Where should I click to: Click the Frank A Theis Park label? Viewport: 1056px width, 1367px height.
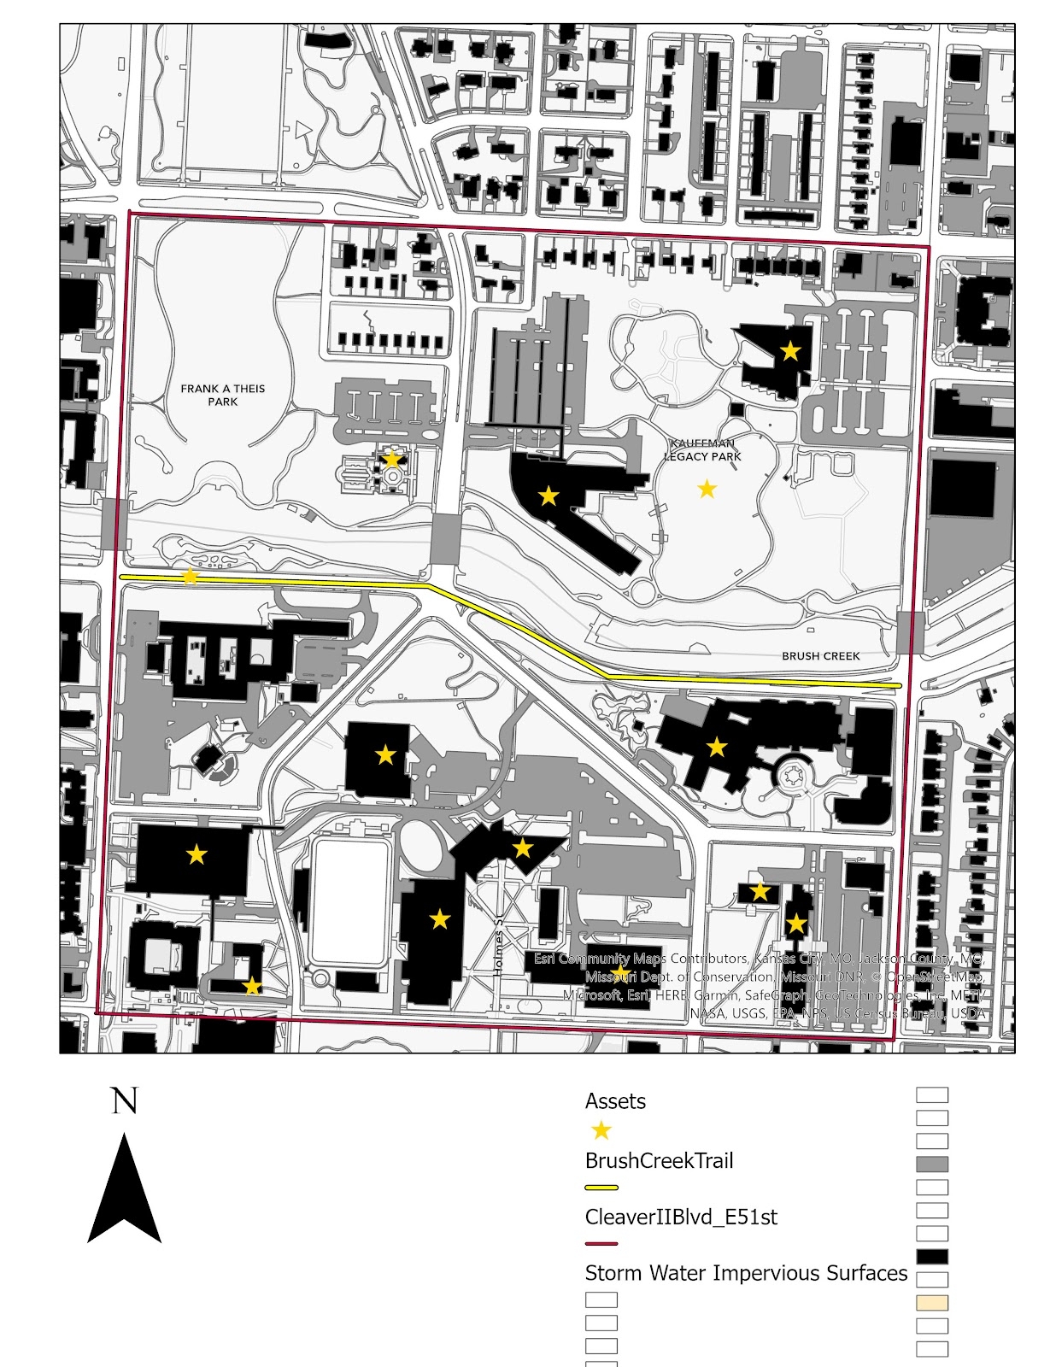(x=222, y=395)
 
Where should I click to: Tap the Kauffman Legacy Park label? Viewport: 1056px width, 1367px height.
(x=703, y=450)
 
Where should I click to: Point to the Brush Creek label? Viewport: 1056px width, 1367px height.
(x=820, y=656)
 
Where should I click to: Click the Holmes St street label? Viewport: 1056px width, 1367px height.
(x=500, y=944)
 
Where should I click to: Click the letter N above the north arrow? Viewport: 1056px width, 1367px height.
(x=125, y=1101)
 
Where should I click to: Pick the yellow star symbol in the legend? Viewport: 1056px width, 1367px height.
(x=601, y=1131)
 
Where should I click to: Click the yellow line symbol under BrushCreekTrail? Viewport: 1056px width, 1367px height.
(x=601, y=1188)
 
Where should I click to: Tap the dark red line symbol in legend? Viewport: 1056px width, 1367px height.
(x=601, y=1244)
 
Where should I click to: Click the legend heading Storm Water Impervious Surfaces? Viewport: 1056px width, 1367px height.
(x=746, y=1273)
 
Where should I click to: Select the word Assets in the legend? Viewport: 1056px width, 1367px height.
(x=615, y=1101)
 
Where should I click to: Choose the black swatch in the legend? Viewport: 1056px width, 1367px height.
(x=932, y=1257)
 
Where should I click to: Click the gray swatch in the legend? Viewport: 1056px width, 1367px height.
(x=932, y=1165)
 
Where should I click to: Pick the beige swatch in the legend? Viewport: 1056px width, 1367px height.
(x=932, y=1303)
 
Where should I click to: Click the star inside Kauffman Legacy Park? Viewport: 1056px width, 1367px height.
(x=707, y=489)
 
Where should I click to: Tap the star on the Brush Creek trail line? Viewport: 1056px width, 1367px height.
(x=190, y=578)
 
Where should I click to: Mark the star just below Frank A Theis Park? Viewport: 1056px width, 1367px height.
(x=391, y=460)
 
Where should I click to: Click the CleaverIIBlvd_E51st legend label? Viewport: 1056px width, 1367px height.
(x=681, y=1217)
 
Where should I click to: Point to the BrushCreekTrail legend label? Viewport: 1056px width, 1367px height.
(x=659, y=1161)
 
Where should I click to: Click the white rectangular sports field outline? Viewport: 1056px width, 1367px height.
(x=351, y=902)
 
